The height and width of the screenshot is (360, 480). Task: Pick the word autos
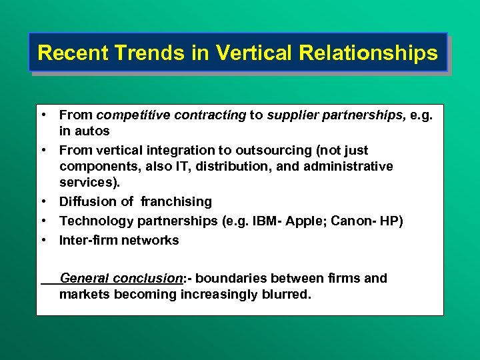(x=91, y=131)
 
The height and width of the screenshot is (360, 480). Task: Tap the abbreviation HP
(x=390, y=221)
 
